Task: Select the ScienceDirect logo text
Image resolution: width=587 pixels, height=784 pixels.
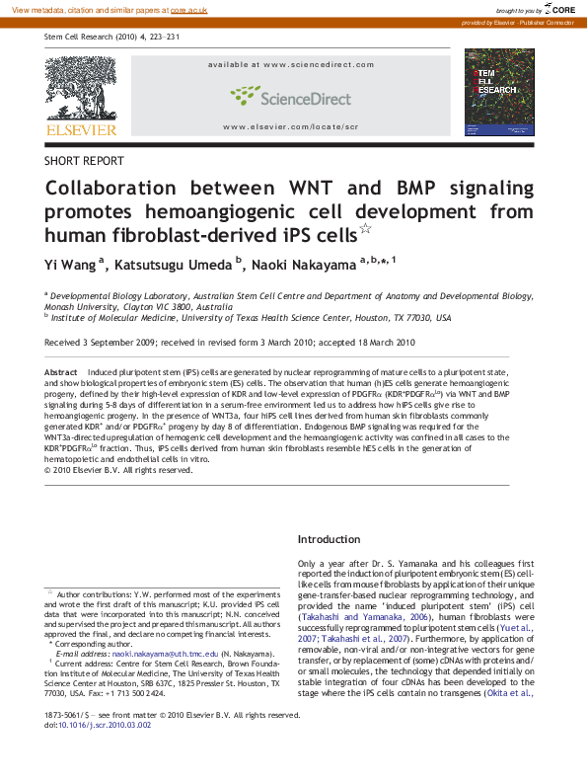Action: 291,97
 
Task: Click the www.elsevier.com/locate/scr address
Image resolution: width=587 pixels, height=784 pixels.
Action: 290,126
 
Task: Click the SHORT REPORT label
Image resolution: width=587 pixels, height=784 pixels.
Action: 85,160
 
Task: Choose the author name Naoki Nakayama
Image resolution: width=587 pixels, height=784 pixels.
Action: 304,264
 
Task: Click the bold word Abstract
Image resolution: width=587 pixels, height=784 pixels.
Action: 61,371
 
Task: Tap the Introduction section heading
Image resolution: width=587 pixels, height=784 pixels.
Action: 330,539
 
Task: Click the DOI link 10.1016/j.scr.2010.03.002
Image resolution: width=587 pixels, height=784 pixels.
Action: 105,751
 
